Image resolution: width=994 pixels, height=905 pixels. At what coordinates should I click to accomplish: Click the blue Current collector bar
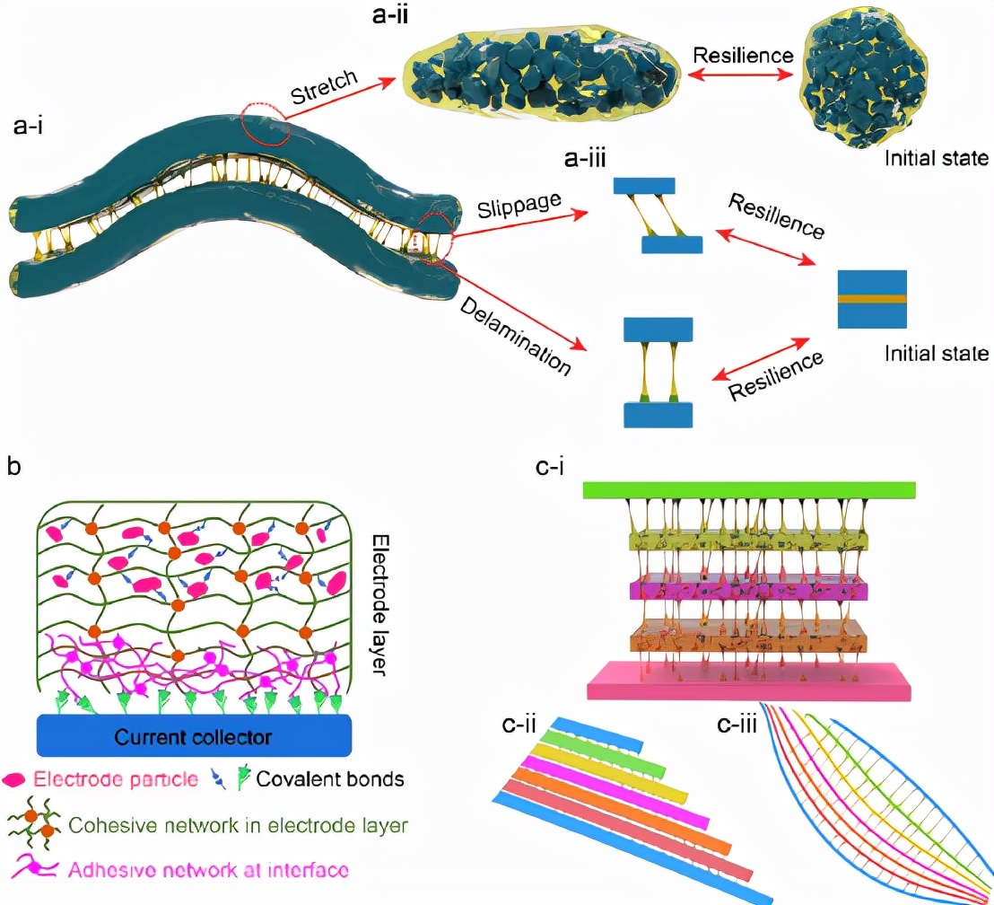tap(194, 736)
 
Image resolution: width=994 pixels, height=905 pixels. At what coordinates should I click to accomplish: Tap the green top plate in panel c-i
tap(749, 489)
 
